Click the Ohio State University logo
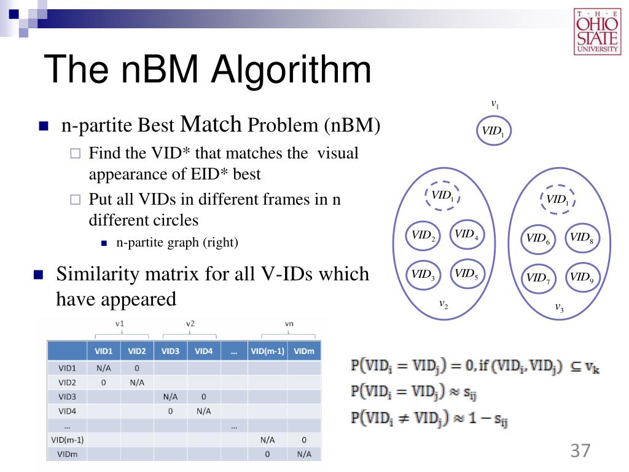pos(597,31)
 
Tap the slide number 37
pos(580,450)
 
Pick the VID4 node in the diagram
pos(466,234)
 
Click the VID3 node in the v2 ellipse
pos(423,275)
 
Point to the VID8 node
pos(580,237)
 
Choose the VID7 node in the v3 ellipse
pos(537,278)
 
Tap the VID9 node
pos(580,277)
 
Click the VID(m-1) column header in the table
pos(267,352)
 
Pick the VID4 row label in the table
pos(68,411)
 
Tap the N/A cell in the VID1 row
pos(103,368)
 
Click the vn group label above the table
pos(289,323)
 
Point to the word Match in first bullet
pos(211,125)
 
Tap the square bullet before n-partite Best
pos(43,127)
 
